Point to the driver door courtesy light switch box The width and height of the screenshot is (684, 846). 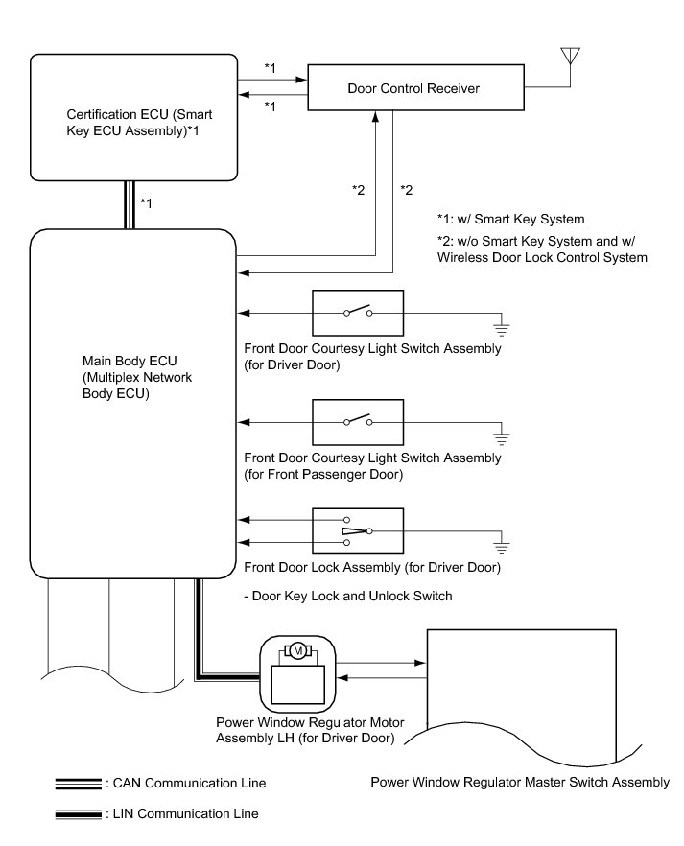pyautogui.click(x=358, y=312)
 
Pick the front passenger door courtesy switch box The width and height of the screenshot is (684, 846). pyautogui.click(x=358, y=421)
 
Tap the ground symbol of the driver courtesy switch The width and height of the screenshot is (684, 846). pyautogui.click(x=501, y=327)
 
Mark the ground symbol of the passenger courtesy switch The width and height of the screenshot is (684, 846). pyautogui.click(x=501, y=436)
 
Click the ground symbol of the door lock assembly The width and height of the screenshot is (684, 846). pyautogui.click(x=501, y=546)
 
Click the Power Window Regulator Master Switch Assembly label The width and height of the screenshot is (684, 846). pyautogui.click(x=520, y=782)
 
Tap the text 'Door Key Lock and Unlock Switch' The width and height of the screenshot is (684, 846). pyautogui.click(x=348, y=596)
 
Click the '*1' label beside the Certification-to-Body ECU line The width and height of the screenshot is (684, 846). pyautogui.click(x=147, y=202)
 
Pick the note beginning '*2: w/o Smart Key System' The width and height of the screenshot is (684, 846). pyautogui.click(x=540, y=248)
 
